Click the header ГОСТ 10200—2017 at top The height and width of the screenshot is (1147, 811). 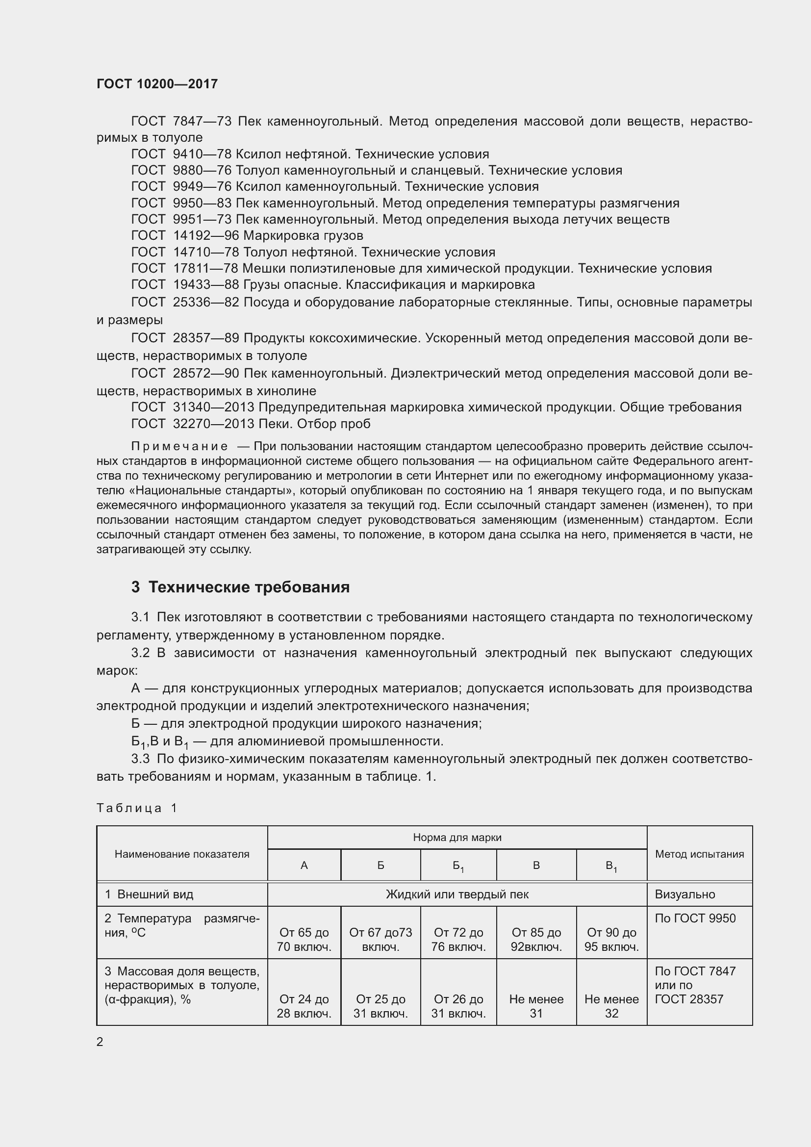tap(157, 84)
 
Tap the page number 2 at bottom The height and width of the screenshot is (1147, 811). tap(100, 1042)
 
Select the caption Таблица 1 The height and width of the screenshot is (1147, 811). tap(137, 808)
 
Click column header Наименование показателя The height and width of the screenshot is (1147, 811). tap(182, 854)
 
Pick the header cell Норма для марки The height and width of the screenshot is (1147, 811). tap(457, 837)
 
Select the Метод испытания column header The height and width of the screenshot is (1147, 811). tap(699, 854)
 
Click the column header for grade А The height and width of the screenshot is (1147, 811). tap(304, 865)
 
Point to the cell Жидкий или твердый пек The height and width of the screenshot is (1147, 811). tap(457, 894)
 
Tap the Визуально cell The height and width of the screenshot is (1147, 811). tap(684, 894)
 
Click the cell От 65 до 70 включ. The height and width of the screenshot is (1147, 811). tap(304, 940)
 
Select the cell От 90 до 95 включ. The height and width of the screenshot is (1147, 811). tap(611, 940)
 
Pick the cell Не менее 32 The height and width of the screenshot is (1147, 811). tap(611, 1006)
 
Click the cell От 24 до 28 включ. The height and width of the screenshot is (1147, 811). tap(304, 1006)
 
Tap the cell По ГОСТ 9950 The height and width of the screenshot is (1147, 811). tap(695, 918)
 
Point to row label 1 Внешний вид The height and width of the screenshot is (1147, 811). tap(149, 894)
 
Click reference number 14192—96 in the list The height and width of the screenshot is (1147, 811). tap(206, 235)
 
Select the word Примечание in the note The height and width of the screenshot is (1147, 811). tap(179, 446)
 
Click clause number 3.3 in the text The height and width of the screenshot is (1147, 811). tap(140, 759)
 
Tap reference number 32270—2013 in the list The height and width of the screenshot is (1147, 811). tap(214, 424)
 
